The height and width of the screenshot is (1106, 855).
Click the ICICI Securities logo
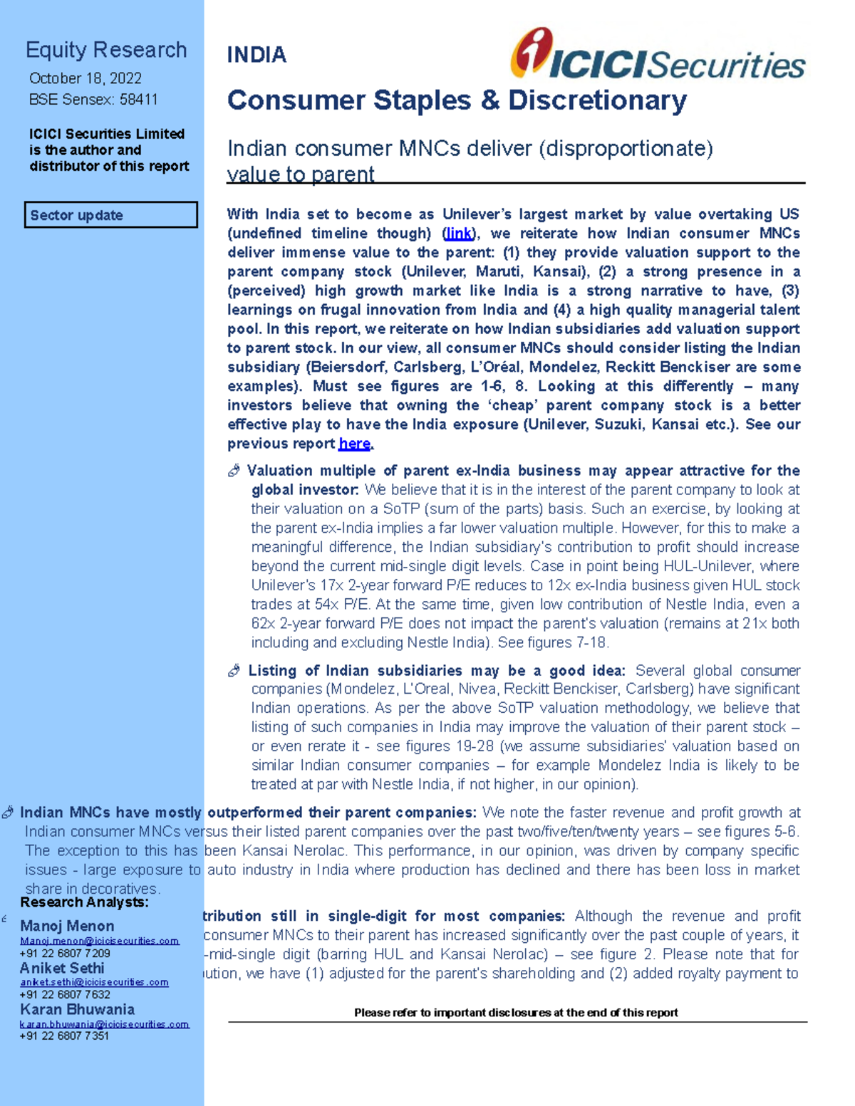[657, 56]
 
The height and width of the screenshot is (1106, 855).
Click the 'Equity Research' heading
[106, 50]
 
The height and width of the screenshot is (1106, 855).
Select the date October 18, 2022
[85, 78]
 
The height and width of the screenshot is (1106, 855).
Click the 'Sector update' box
[110, 215]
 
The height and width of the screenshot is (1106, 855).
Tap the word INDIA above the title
[256, 55]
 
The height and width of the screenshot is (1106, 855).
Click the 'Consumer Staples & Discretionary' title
[457, 100]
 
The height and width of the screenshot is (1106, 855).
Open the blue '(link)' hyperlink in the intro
[458, 234]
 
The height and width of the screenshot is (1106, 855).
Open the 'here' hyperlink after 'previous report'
[354, 444]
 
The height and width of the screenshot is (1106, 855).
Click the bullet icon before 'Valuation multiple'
[234, 471]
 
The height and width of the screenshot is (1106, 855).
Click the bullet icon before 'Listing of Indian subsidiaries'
[234, 671]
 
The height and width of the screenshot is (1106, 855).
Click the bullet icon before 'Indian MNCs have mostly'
[8, 813]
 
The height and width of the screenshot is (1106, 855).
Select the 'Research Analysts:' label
[84, 902]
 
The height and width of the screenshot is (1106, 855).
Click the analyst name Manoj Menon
[67, 926]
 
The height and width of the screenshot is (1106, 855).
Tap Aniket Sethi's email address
[94, 982]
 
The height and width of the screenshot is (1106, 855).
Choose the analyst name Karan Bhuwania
[77, 1009]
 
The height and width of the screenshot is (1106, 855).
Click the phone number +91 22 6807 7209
[65, 953]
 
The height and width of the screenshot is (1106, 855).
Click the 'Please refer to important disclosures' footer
[516, 1012]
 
